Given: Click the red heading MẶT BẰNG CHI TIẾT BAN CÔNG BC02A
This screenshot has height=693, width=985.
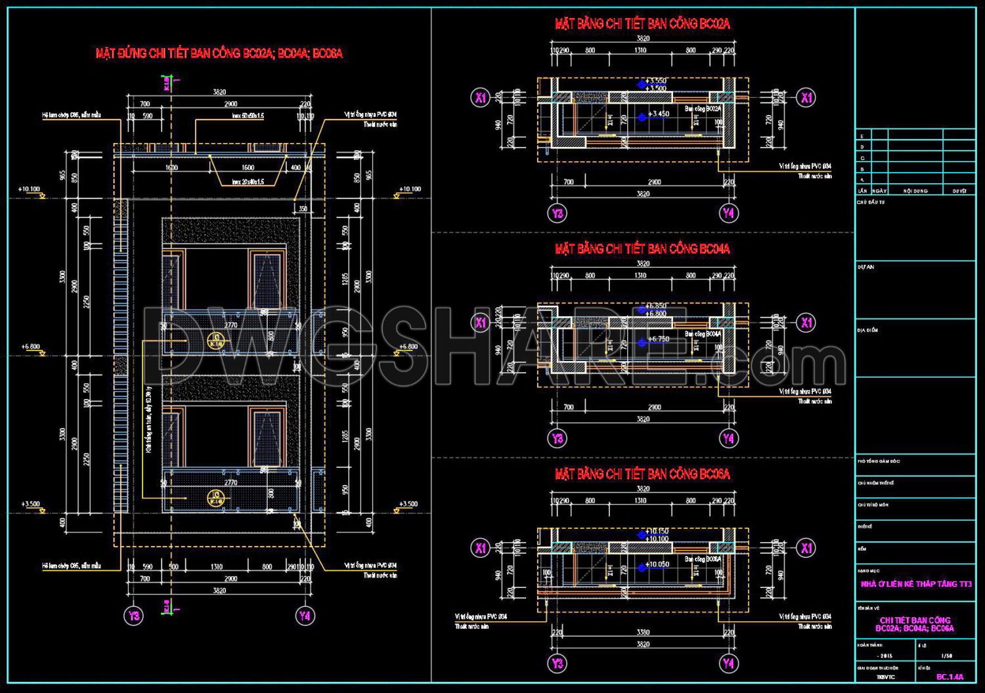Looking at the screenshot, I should (x=642, y=24).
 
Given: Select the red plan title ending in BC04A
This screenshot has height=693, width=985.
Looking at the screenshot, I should (x=642, y=249).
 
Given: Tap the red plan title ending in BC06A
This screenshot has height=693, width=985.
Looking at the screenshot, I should (x=642, y=474).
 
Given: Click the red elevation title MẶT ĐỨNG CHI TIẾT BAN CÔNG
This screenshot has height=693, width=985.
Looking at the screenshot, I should (x=219, y=54).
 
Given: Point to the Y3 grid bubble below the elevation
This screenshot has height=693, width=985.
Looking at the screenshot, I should (x=134, y=616).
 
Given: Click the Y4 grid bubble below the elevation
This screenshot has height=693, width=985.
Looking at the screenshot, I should (x=304, y=616).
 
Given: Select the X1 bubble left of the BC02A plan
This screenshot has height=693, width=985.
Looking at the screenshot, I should (x=481, y=98).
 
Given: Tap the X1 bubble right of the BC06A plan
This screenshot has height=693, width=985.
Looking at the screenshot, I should (x=806, y=548).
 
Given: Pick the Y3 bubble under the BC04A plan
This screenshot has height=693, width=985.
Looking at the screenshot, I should (x=558, y=438).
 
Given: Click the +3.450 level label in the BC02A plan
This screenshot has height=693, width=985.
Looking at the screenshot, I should (x=658, y=114).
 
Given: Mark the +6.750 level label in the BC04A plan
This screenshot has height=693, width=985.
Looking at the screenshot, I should (x=658, y=340).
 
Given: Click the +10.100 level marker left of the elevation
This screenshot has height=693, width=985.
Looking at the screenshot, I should (x=29, y=189).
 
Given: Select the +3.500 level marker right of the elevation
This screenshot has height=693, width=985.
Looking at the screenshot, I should (x=408, y=504).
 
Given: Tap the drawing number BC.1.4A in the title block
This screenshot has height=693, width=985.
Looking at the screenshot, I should (x=950, y=677).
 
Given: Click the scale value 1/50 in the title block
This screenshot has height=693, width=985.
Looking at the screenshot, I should (x=946, y=656).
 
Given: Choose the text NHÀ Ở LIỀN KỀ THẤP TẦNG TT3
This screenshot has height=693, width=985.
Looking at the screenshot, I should (x=915, y=584).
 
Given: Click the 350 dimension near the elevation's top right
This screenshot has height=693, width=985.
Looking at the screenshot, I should (x=303, y=209).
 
